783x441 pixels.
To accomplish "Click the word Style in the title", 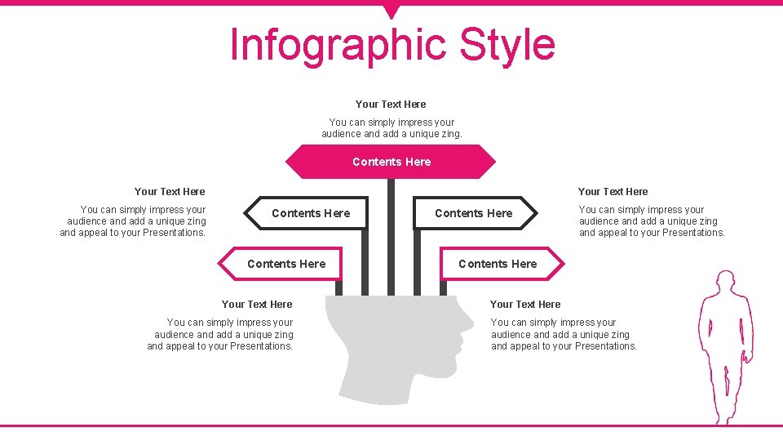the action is [x=507, y=45].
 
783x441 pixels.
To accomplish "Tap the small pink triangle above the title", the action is [x=391, y=11].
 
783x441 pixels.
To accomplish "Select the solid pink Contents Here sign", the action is [x=391, y=162].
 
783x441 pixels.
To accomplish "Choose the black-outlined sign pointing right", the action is [x=475, y=213].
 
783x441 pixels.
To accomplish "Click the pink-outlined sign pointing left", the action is [x=282, y=264].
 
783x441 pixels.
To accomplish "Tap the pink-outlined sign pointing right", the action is [x=500, y=264].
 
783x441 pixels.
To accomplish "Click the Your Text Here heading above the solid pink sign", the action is [x=391, y=104].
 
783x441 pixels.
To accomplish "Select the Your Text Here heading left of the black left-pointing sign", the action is [x=170, y=191].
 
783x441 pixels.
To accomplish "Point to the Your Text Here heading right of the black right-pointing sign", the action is [x=613, y=191].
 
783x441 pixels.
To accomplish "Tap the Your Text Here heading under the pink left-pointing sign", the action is [x=257, y=304].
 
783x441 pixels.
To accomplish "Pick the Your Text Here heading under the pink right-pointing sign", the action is [x=525, y=304].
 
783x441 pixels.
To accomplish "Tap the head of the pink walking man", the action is [x=724, y=283].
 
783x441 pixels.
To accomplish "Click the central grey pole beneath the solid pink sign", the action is [x=391, y=237].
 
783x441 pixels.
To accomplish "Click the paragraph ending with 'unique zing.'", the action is [x=391, y=128].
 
